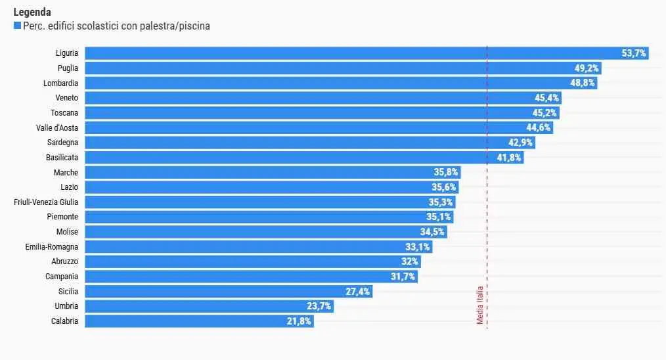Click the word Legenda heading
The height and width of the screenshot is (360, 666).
[x=32, y=12]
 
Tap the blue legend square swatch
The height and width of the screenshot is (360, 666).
[x=17, y=26]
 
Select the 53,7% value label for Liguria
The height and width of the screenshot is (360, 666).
[x=634, y=53]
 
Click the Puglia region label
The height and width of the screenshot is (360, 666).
[x=68, y=68]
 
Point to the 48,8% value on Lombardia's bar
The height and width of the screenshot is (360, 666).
[x=583, y=83]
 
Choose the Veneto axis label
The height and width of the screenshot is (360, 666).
[x=66, y=98]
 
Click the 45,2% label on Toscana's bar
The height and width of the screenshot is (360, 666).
[x=545, y=113]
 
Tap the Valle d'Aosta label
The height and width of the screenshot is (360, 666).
[x=57, y=127]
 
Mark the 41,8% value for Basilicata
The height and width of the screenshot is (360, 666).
[x=510, y=158]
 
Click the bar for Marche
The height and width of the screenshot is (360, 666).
[x=263, y=172]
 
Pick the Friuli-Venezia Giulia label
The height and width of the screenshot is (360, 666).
[x=46, y=202]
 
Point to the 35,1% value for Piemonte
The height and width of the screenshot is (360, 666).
[x=439, y=217]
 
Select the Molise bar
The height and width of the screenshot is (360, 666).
[x=256, y=232]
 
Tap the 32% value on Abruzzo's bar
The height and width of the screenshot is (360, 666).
[x=410, y=261]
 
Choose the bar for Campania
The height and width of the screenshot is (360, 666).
[x=243, y=277]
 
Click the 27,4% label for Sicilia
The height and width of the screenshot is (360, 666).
[x=358, y=292]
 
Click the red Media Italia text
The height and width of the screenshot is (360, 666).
[x=480, y=305]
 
